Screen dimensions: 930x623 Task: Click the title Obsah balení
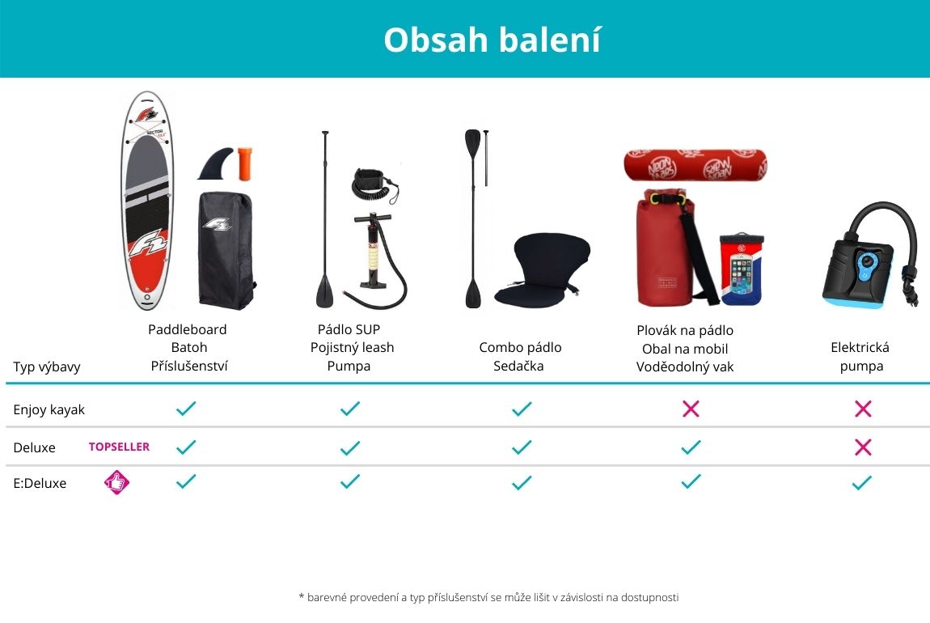tap(492, 40)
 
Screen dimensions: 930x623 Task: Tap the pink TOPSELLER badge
tap(119, 447)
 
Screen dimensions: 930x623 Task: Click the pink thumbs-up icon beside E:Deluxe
tap(116, 482)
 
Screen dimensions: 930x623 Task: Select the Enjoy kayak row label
tap(49, 409)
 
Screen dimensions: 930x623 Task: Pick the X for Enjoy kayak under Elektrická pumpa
tap(863, 409)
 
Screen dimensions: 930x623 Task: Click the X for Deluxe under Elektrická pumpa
tap(863, 447)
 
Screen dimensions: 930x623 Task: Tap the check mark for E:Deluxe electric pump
tap(862, 482)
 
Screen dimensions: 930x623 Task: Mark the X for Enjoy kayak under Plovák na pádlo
tap(691, 409)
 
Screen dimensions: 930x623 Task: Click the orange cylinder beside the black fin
tap(245, 163)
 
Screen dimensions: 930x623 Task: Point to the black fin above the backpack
tap(216, 163)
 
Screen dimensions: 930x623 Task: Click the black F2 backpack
tap(226, 250)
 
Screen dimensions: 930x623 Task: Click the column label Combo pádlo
tap(520, 347)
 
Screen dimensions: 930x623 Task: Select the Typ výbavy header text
tap(47, 367)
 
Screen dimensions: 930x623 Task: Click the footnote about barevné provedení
tap(488, 597)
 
